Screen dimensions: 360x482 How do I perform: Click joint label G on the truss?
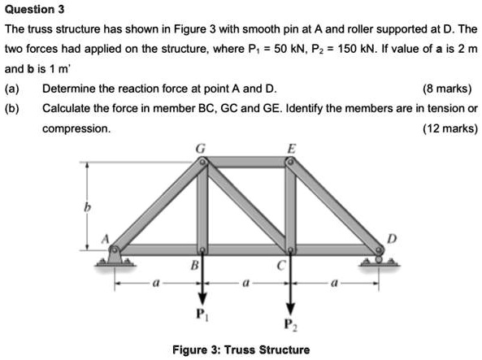(202, 146)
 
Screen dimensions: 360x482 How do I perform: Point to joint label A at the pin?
(105, 238)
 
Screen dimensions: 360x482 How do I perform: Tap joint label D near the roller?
(394, 237)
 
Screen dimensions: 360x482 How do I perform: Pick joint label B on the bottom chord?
(193, 265)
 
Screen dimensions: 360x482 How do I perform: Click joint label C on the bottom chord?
(279, 265)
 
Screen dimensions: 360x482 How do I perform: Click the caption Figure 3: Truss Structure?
(241, 350)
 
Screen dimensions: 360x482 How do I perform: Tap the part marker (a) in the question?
(11, 89)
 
